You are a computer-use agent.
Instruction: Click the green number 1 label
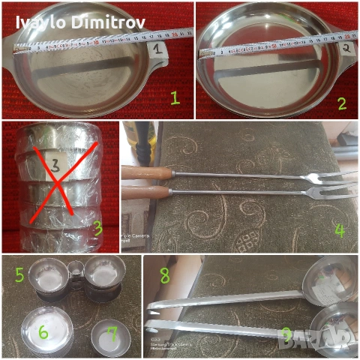coord(175,97)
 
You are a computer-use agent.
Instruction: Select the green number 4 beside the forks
coord(340,230)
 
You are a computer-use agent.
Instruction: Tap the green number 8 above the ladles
coord(164,276)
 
